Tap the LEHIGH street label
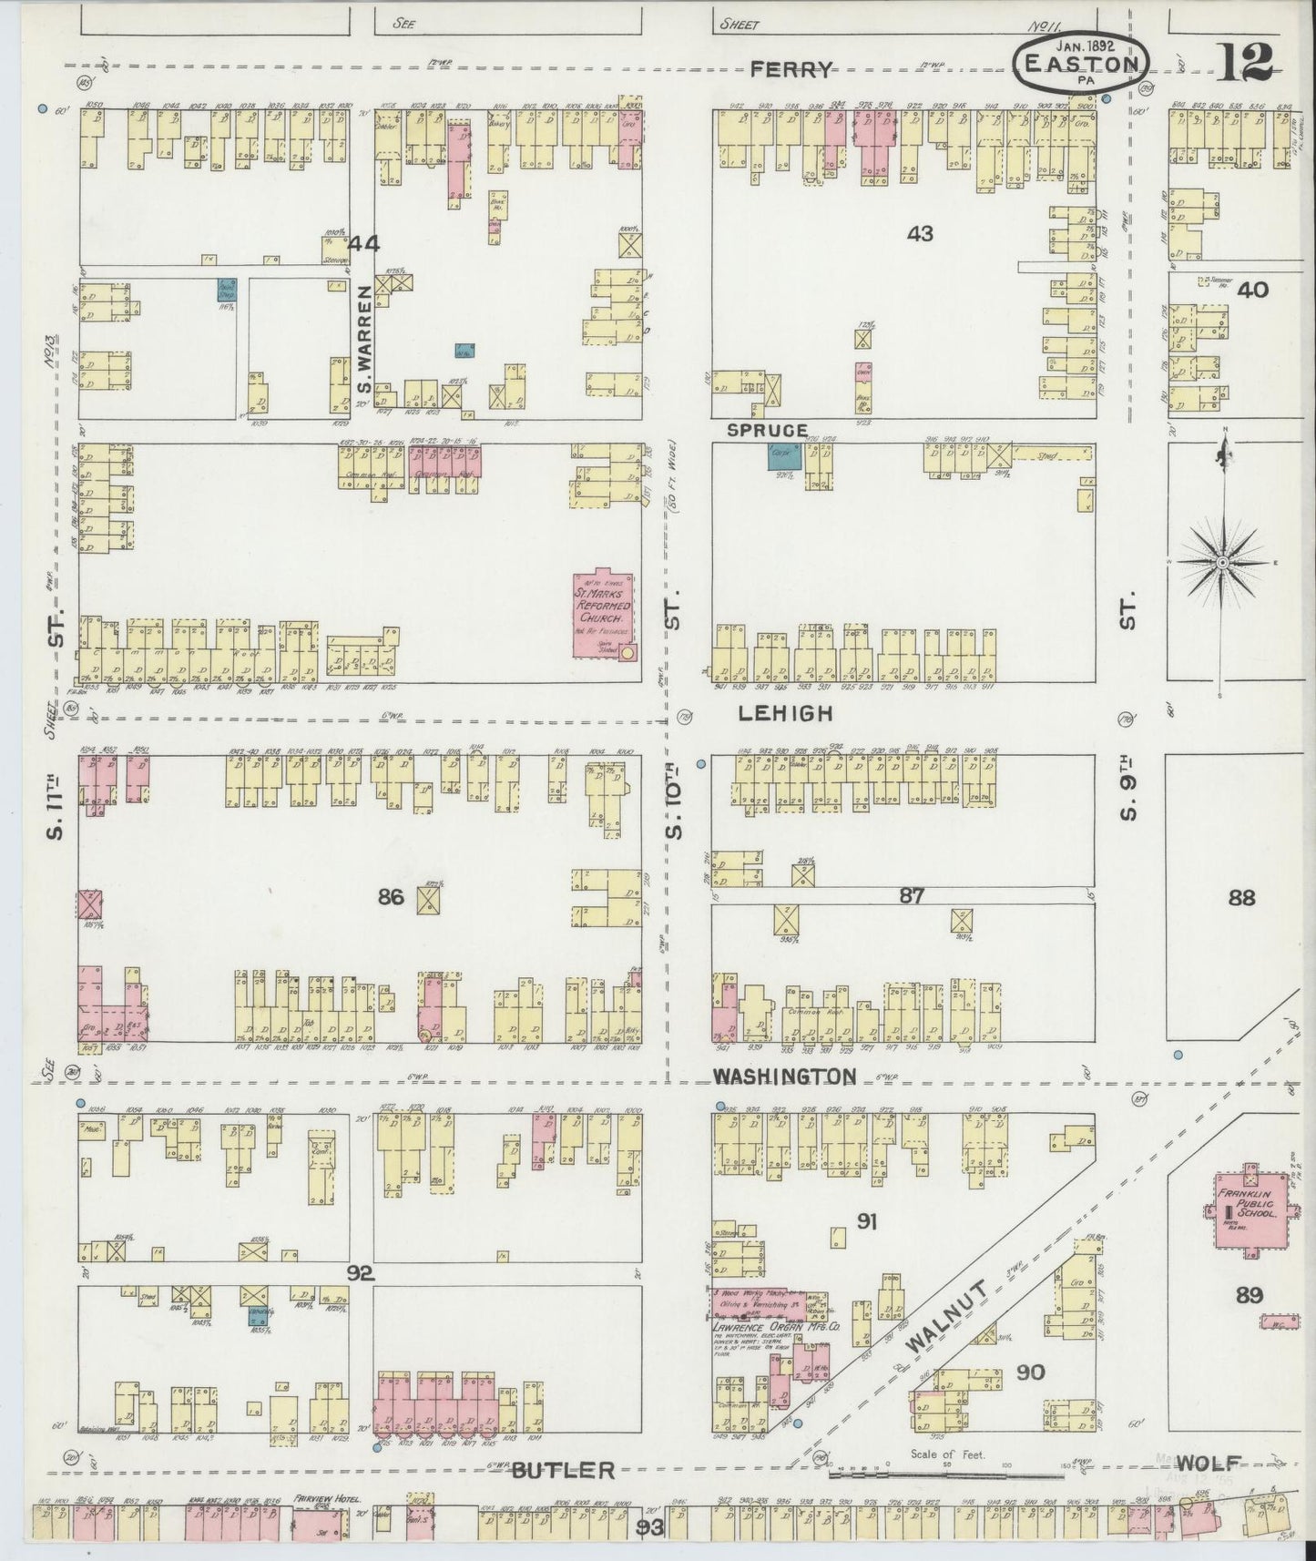click(x=785, y=713)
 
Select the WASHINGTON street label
click(x=784, y=1076)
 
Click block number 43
click(x=921, y=234)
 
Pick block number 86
click(x=391, y=898)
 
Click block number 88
click(x=1241, y=898)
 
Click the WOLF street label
click(x=1208, y=1464)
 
